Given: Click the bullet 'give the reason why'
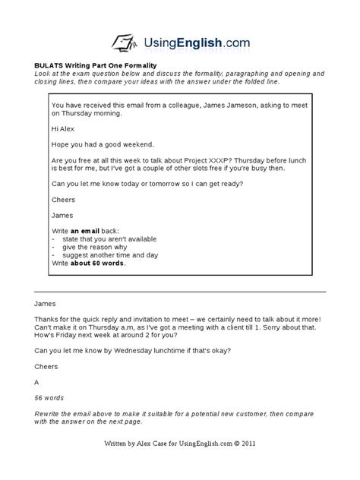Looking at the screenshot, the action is tap(100, 246).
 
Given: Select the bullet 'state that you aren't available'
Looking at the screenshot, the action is tap(115, 238).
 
